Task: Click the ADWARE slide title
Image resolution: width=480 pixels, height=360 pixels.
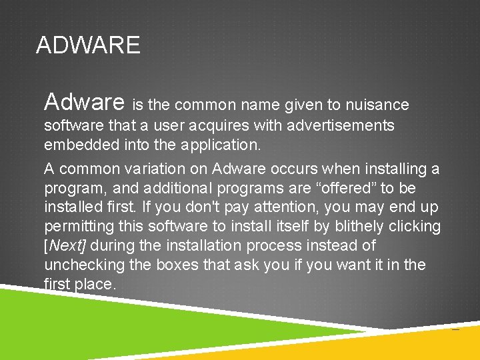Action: tap(88, 45)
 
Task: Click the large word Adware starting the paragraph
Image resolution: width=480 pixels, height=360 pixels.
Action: tap(84, 102)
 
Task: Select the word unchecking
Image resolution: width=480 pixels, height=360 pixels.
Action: tap(84, 265)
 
